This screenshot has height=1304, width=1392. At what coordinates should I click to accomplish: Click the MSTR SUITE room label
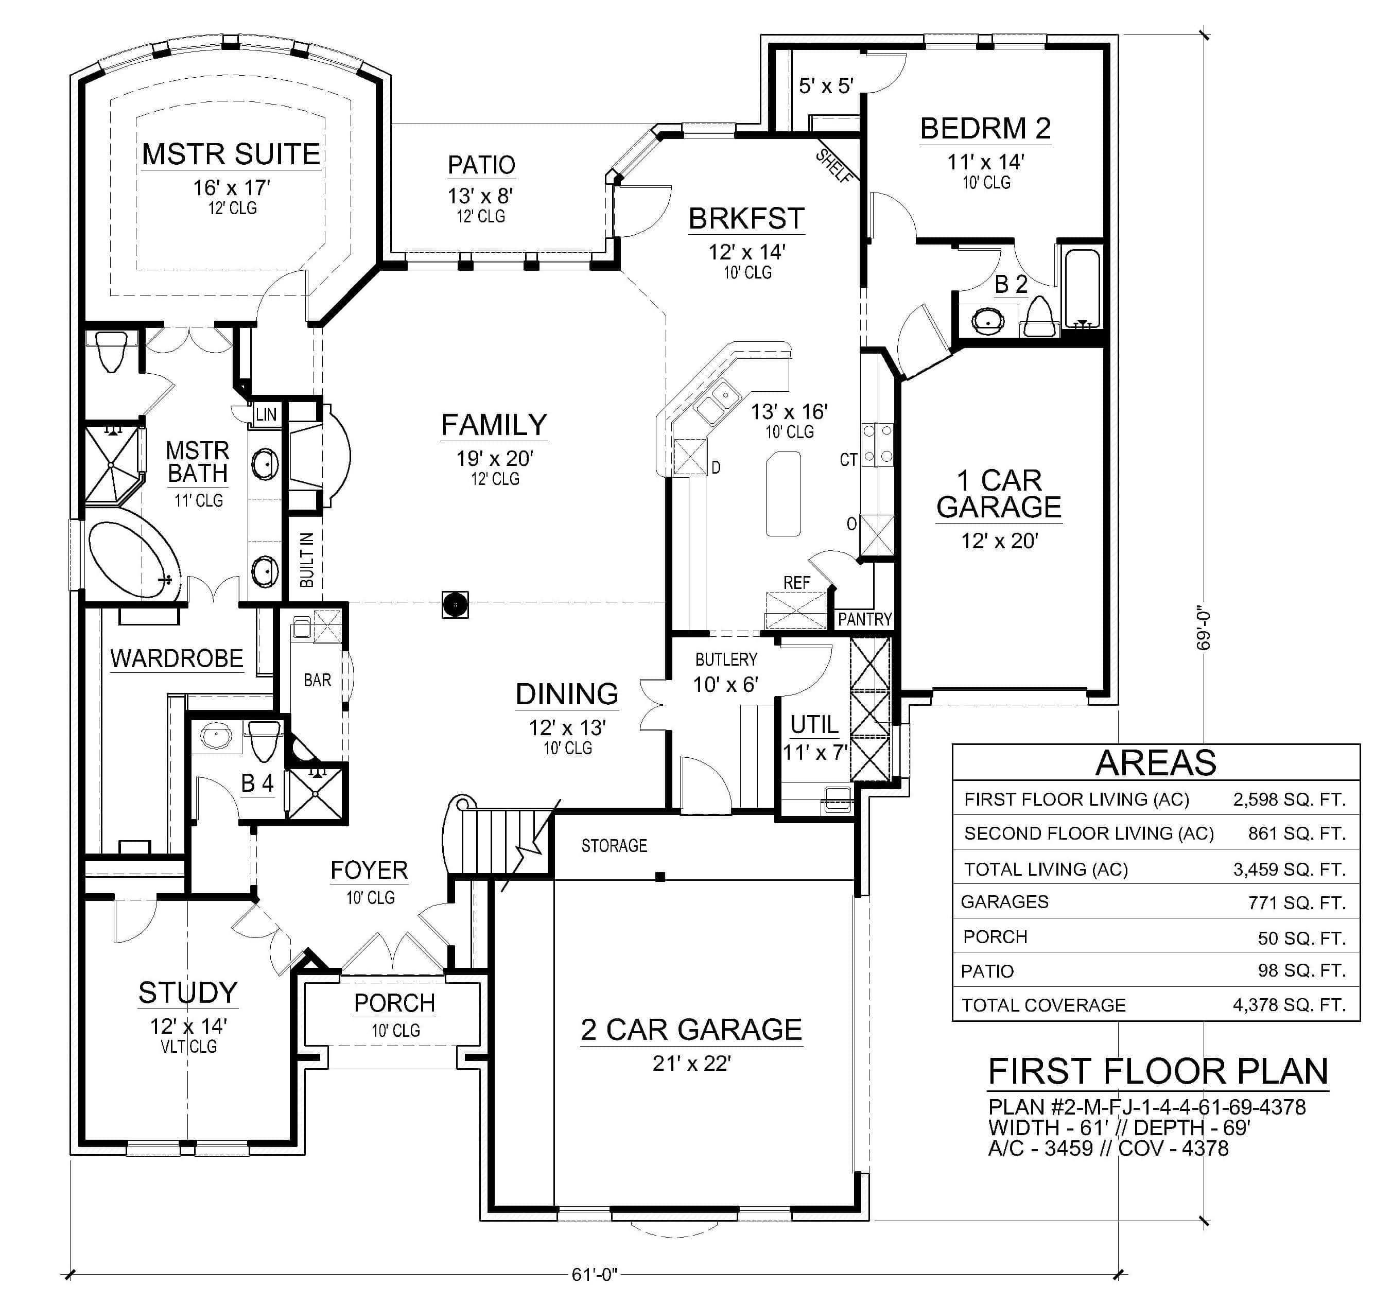point(231,154)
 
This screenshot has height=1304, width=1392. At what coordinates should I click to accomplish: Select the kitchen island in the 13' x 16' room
point(784,493)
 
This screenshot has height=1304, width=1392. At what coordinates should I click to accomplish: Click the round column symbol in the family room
point(455,604)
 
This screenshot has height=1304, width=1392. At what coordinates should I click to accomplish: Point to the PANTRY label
point(865,619)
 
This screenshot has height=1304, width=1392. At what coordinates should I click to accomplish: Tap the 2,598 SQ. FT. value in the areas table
point(1289,800)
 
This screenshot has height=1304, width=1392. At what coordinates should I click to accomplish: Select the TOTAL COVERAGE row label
point(1043,1005)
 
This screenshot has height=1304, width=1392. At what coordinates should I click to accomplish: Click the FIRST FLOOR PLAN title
point(1158,1071)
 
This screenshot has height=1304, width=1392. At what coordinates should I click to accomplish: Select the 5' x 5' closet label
point(826,85)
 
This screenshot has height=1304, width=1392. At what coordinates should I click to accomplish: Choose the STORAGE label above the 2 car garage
point(614,846)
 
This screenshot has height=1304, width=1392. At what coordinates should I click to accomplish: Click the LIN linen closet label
point(266,414)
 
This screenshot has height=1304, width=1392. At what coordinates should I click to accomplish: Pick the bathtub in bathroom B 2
point(1082,288)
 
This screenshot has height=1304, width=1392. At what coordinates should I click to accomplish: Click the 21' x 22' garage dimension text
point(691,1063)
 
